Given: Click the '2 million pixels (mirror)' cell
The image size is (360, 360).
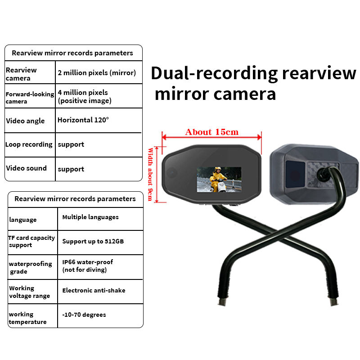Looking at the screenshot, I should coord(97,73).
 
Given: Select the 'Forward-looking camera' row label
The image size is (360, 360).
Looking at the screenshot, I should coord(30,98).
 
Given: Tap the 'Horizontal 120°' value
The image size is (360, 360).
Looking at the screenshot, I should coord(83,120).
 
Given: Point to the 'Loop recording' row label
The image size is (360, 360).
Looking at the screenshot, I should coord(29,144).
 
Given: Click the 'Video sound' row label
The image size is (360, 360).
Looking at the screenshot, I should coord(26,168).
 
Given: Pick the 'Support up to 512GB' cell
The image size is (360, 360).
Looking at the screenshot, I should coord(93,241).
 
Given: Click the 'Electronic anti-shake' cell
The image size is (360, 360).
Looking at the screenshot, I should coord(94,290).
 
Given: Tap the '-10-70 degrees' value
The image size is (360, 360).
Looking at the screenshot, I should coord(84,315).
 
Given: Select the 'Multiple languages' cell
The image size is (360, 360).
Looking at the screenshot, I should coord(90,217).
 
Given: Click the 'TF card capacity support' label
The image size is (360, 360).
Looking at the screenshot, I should coord(31,241).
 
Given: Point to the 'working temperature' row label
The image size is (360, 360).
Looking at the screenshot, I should coord(27,318).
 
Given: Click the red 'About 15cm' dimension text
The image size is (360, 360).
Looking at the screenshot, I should coord(212,132).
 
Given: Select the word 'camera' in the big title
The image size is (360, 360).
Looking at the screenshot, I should coord(247,94).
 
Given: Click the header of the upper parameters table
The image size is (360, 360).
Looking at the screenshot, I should coord(72,53).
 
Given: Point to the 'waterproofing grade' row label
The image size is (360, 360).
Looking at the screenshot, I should coord(30,267).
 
